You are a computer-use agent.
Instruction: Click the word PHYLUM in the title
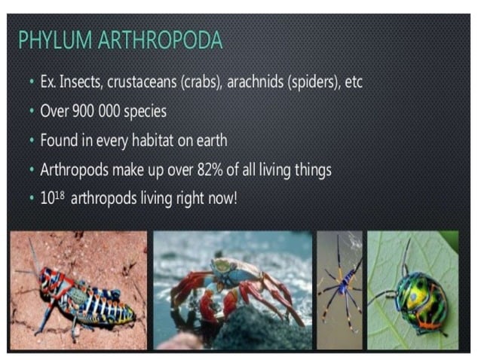pos(53,40)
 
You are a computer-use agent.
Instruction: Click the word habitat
pos(169,140)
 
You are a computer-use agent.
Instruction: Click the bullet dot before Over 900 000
pos(30,111)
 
